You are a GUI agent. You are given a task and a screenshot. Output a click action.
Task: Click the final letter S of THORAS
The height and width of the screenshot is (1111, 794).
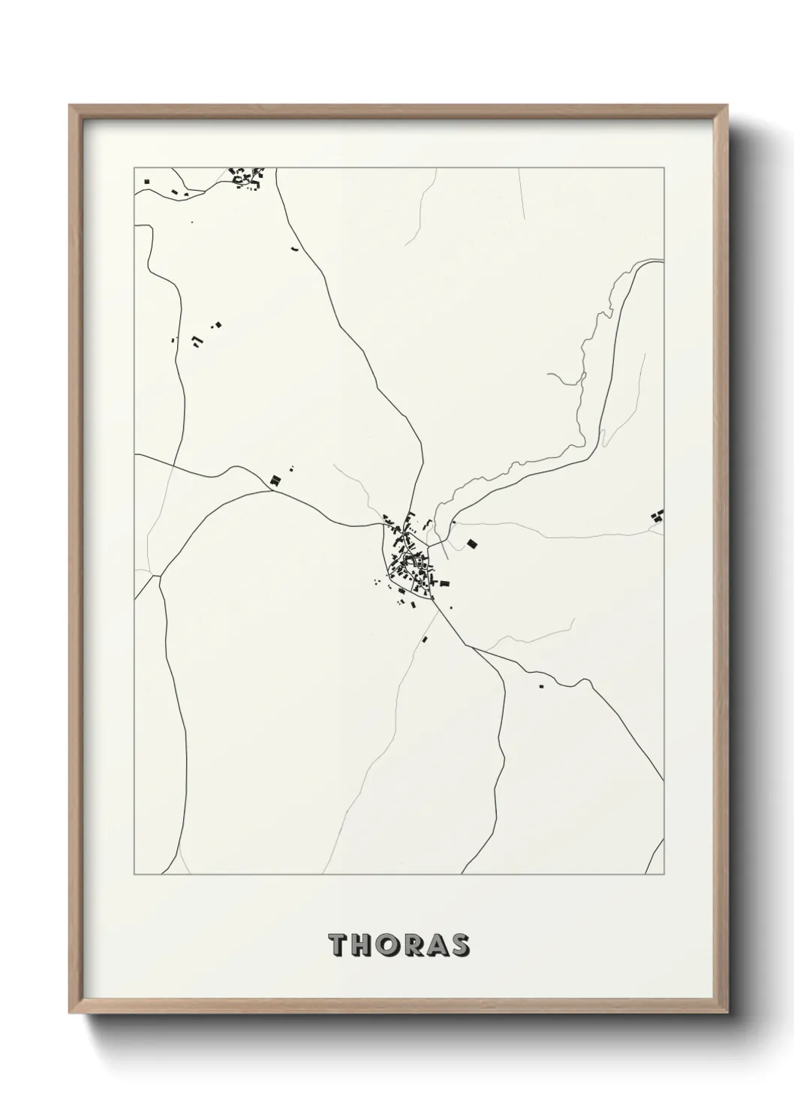[x=459, y=945]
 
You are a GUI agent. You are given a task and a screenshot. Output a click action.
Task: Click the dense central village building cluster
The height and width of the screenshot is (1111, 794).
[x=409, y=563]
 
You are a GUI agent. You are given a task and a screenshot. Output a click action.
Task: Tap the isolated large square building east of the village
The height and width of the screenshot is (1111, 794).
[x=472, y=543]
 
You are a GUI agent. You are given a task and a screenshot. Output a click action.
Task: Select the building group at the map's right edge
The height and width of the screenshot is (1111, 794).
[x=659, y=516]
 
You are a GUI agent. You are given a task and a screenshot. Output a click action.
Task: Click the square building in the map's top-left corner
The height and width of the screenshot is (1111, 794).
[x=147, y=181]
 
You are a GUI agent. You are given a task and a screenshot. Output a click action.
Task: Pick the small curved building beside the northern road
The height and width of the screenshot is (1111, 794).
[x=295, y=248]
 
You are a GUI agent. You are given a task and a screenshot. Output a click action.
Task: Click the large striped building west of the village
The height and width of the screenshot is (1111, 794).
[x=275, y=480]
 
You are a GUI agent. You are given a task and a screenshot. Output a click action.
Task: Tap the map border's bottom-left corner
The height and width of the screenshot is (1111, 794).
[x=134, y=874]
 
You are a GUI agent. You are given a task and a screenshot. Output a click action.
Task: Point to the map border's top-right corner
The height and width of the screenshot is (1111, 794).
[x=663, y=168]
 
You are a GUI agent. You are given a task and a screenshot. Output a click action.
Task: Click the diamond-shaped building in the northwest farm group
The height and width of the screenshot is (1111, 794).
[x=218, y=324]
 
